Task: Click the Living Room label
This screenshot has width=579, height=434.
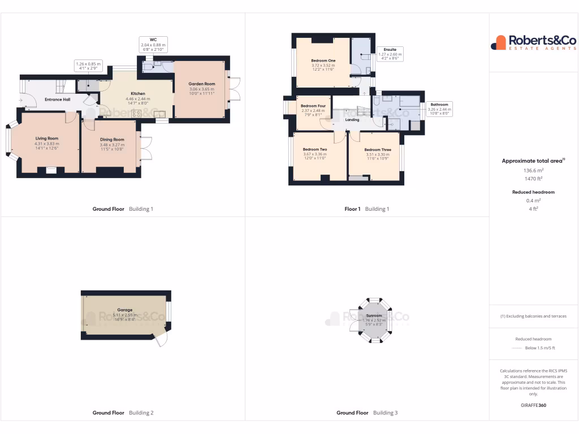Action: pyautogui.click(x=47, y=138)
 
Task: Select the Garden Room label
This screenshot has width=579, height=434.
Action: pyautogui.click(x=202, y=84)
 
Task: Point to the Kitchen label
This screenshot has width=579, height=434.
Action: pyautogui.click(x=138, y=93)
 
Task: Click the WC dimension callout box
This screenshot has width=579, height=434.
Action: pyautogui.click(x=153, y=45)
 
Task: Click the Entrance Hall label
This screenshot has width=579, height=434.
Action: pyautogui.click(x=57, y=99)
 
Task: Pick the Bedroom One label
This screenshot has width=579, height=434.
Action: pyautogui.click(x=323, y=60)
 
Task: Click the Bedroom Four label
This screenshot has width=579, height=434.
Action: pyautogui.click(x=313, y=106)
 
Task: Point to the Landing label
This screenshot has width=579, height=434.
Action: pyautogui.click(x=352, y=120)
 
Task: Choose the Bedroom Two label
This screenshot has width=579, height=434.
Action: pyautogui.click(x=315, y=149)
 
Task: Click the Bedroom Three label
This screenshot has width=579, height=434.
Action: pyautogui.click(x=377, y=150)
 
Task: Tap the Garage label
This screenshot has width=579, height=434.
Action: pyautogui.click(x=124, y=310)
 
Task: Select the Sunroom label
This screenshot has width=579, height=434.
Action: pyautogui.click(x=374, y=315)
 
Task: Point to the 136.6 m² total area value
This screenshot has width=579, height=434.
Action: pyautogui.click(x=533, y=170)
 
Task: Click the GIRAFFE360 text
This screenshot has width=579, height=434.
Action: pyautogui.click(x=533, y=405)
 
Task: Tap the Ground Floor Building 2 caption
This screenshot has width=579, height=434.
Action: pyautogui.click(x=123, y=413)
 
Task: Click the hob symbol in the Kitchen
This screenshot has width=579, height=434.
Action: pyautogui.click(x=136, y=113)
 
